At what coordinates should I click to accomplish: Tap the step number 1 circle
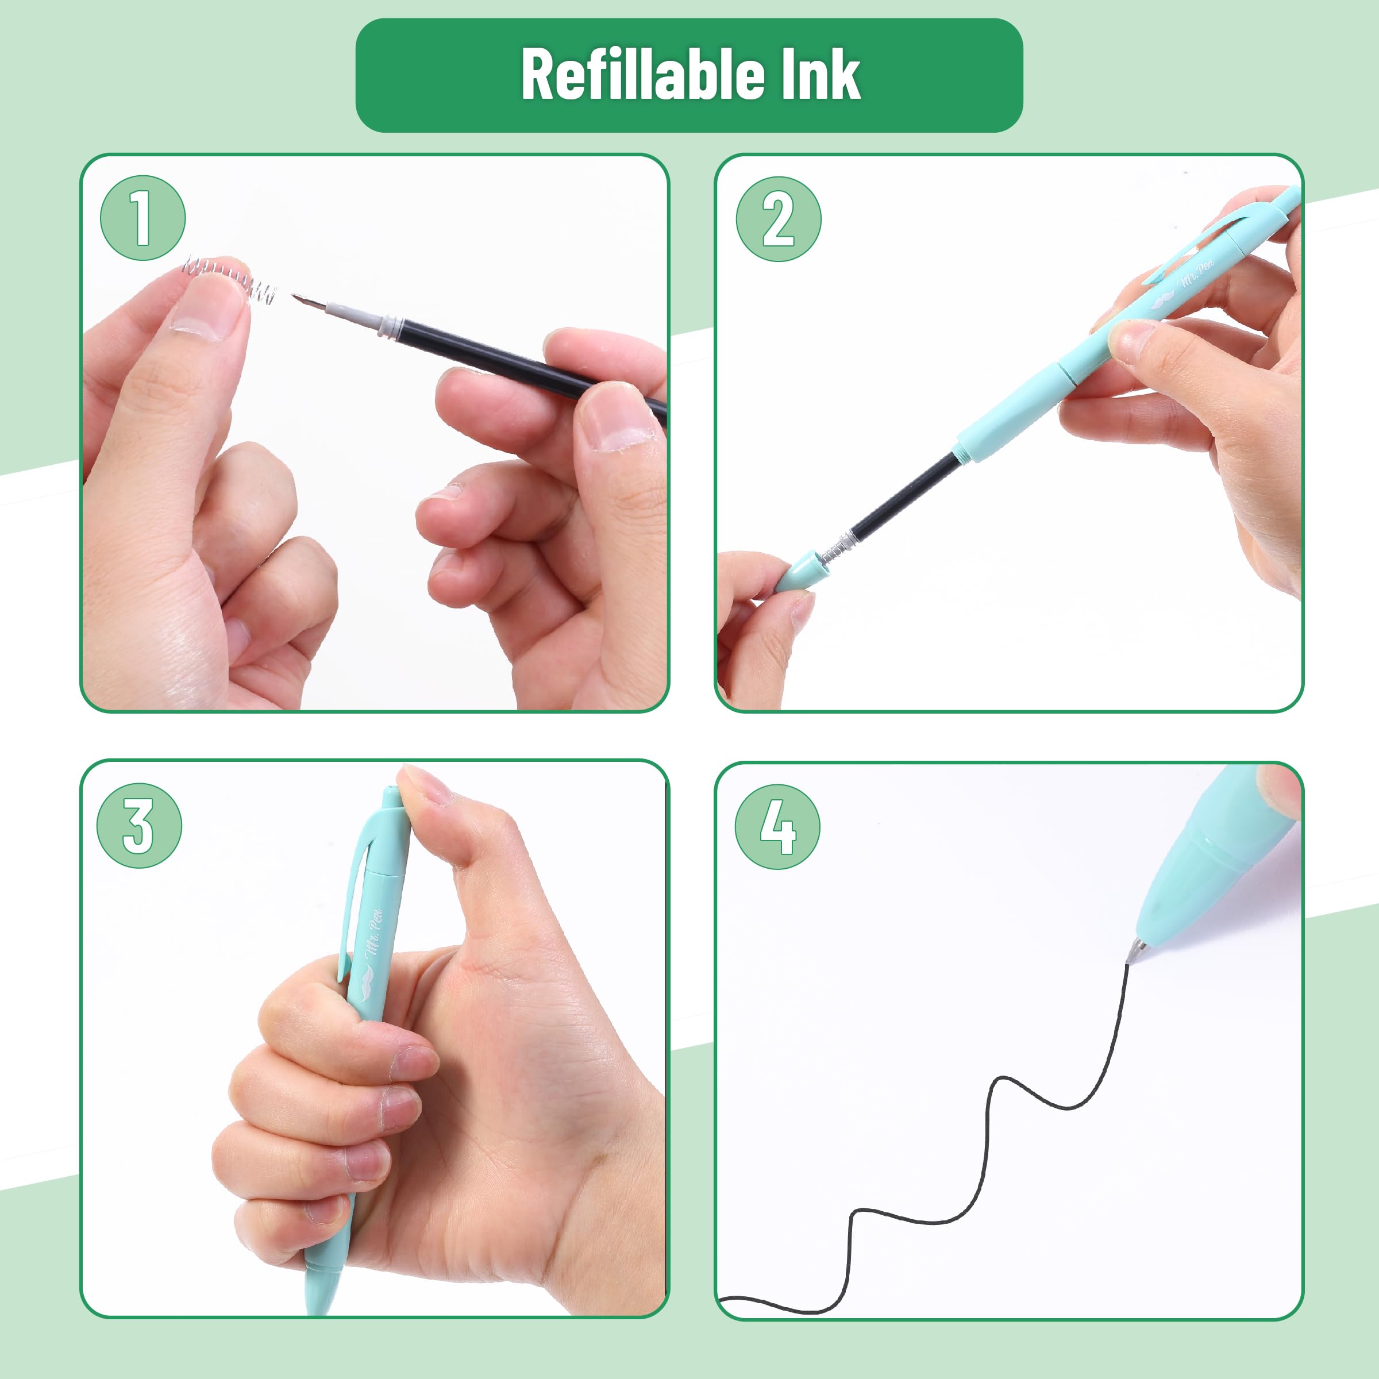click(x=142, y=218)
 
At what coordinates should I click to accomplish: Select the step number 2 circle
click(x=778, y=219)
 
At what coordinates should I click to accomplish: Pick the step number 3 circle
click(x=139, y=826)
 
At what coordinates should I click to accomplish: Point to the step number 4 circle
click(x=777, y=827)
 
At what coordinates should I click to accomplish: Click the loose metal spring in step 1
click(x=229, y=279)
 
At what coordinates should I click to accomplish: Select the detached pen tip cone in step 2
click(x=796, y=571)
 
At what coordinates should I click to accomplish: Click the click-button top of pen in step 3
click(x=391, y=796)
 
